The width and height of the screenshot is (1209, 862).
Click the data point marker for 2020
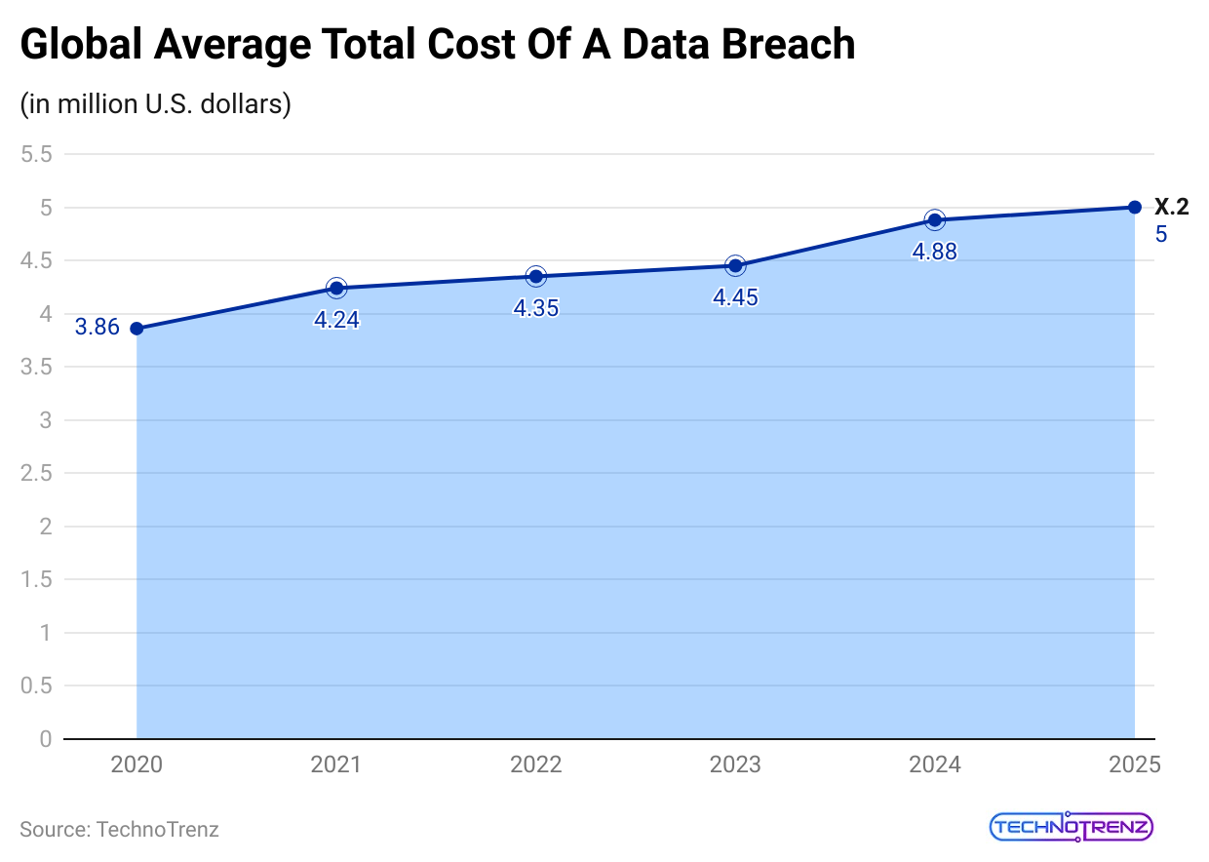pos(136,329)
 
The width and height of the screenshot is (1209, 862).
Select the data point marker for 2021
pos(336,288)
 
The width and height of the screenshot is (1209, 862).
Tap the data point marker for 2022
pos(535,276)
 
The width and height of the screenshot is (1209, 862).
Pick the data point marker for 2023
pos(735,265)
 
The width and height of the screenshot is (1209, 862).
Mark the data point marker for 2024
pos(934,219)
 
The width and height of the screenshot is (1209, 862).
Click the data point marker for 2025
pos(1134,207)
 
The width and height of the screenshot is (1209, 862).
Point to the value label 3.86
pos(97,328)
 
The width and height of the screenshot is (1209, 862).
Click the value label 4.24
pos(336,320)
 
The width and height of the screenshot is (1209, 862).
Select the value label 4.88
pos(934,252)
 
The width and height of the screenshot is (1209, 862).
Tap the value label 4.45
pos(735,297)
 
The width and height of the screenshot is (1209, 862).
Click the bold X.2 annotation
pos(1171,207)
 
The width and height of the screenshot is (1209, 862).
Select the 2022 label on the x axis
pos(535,764)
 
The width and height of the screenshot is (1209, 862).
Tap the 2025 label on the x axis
pos(1134,764)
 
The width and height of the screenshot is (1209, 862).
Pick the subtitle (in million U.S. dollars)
pos(156,103)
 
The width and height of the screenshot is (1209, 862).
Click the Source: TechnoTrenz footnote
pos(119,830)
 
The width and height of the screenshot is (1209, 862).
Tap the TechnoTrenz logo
pos(1072,828)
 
